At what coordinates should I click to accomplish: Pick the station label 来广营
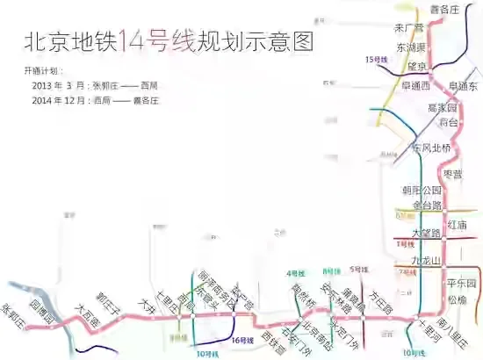409,28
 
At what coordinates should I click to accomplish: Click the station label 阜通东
463,86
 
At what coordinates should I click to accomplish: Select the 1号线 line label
405,244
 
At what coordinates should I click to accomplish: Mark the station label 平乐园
460,283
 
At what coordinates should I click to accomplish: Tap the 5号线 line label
357,270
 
